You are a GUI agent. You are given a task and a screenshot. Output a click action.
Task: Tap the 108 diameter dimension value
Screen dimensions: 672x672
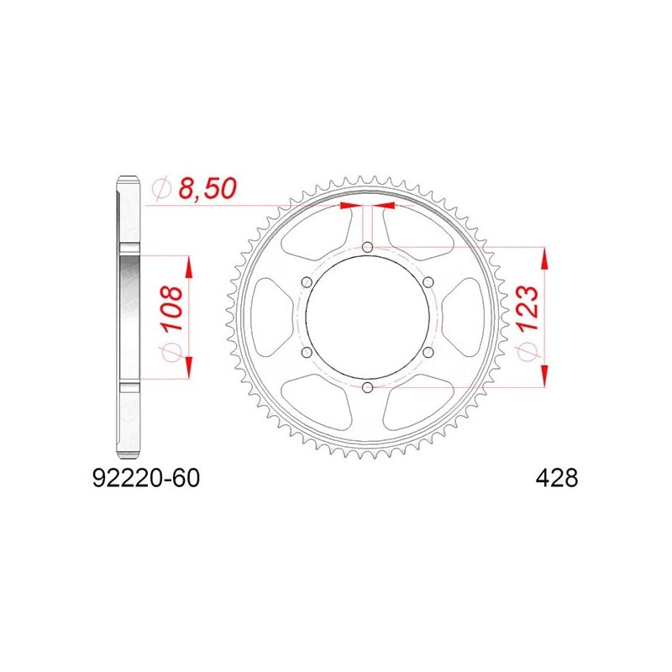point(172,307)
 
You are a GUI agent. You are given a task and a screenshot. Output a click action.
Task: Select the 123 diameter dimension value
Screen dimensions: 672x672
point(528,307)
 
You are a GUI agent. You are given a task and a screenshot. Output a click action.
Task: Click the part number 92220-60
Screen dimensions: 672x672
point(146,478)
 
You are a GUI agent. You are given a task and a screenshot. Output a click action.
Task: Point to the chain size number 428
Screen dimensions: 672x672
point(557,478)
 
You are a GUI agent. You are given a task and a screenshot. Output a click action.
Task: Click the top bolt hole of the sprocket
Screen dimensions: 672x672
point(367,247)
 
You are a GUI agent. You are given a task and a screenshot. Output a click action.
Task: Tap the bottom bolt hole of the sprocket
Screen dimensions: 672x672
point(367,388)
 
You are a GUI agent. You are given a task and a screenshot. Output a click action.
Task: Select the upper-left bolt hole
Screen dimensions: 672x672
point(307,282)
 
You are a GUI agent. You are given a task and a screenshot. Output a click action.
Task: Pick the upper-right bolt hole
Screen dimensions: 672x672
point(428,282)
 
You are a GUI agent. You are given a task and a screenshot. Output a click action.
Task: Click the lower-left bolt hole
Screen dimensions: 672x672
point(307,352)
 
